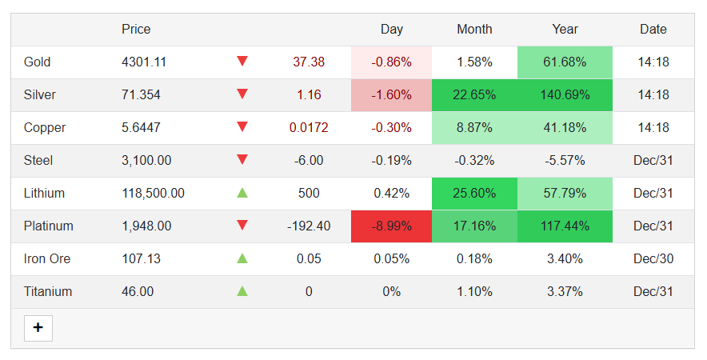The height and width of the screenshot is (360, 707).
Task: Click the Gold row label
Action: (x=38, y=62)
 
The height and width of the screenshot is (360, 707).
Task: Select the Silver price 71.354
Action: (x=141, y=94)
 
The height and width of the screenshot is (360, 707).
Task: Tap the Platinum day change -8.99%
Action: (x=391, y=226)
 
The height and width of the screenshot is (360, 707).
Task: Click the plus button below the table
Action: (x=38, y=328)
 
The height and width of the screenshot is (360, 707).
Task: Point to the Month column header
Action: (x=474, y=29)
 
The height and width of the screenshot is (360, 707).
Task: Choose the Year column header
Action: (x=565, y=29)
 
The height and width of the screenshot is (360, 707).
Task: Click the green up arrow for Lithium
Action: (x=242, y=193)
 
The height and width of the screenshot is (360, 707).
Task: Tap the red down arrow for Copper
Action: (x=242, y=127)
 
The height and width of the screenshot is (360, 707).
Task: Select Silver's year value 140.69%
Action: (x=565, y=94)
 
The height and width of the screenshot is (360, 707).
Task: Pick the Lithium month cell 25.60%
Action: (x=474, y=193)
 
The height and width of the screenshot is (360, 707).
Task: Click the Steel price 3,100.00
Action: (x=146, y=160)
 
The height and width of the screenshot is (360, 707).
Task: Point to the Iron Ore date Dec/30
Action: (x=653, y=258)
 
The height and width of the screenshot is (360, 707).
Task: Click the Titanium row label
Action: (x=48, y=291)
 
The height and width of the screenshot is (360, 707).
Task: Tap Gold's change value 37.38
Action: (x=309, y=62)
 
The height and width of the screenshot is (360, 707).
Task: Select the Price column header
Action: (x=136, y=29)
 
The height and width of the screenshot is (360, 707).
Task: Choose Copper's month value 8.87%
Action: (x=474, y=127)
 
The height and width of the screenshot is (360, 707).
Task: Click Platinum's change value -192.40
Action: (x=309, y=226)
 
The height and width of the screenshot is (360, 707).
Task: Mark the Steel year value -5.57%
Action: (x=565, y=160)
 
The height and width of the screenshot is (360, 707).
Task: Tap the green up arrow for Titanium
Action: (x=242, y=291)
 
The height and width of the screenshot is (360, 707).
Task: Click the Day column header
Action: (x=391, y=29)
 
